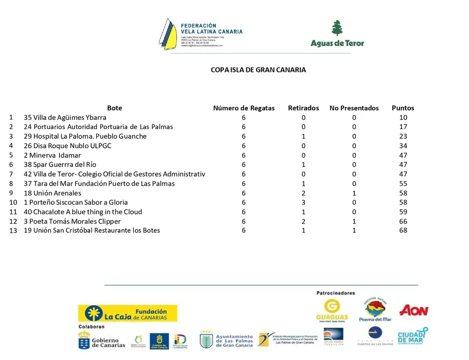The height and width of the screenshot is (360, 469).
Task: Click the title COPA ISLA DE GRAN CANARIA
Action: [258, 70]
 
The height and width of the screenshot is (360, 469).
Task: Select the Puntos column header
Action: [403, 108]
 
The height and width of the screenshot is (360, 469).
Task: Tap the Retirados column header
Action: [303, 108]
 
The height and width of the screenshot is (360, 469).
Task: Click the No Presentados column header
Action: [354, 108]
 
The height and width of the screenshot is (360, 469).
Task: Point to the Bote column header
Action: [115, 108]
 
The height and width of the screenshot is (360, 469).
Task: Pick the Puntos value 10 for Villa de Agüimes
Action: [403, 118]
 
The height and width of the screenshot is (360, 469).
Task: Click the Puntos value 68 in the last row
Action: [403, 230]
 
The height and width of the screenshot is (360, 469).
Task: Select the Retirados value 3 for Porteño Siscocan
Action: [303, 203]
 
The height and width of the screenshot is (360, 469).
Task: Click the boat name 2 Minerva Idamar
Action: [52, 156]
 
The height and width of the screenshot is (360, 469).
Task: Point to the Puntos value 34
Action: [403, 146]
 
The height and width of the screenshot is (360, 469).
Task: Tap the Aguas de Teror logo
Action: [337, 34]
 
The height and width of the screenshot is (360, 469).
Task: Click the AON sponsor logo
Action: [413, 311]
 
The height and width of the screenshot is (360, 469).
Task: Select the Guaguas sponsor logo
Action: [332, 311]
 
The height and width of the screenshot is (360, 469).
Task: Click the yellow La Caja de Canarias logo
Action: [128, 313]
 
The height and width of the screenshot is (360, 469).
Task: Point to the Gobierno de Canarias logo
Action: [102, 341]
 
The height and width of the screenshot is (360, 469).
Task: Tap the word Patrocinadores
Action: [336, 293]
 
